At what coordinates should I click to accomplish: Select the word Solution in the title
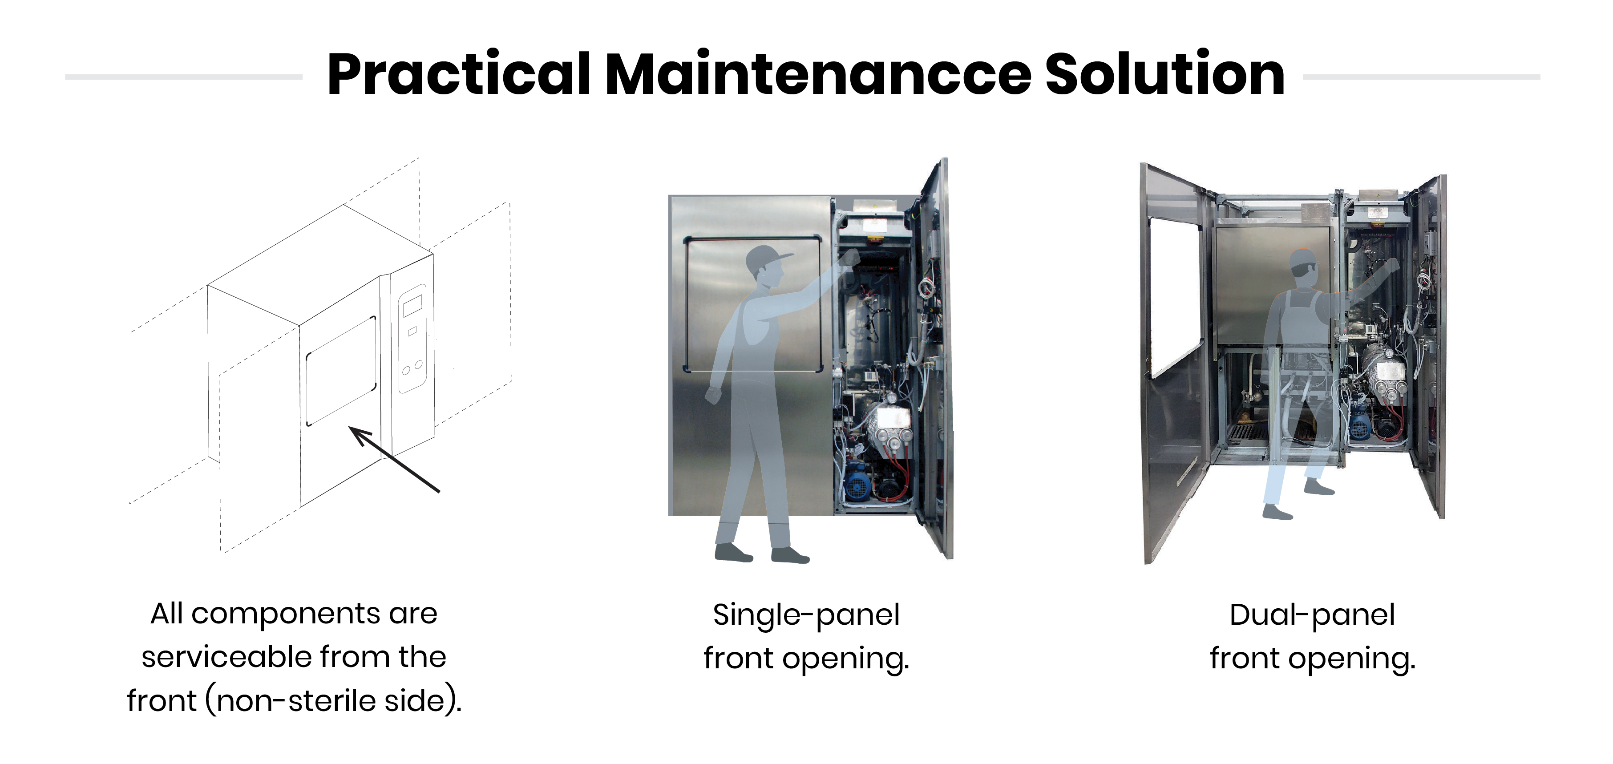coord(1164,74)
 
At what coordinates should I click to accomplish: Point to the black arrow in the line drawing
coord(395,460)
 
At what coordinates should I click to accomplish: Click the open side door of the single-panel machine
coord(934,357)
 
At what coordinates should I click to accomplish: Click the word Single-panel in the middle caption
coord(806,615)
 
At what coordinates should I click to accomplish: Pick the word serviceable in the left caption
coord(226,658)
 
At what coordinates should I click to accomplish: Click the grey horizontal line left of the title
coord(183,77)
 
